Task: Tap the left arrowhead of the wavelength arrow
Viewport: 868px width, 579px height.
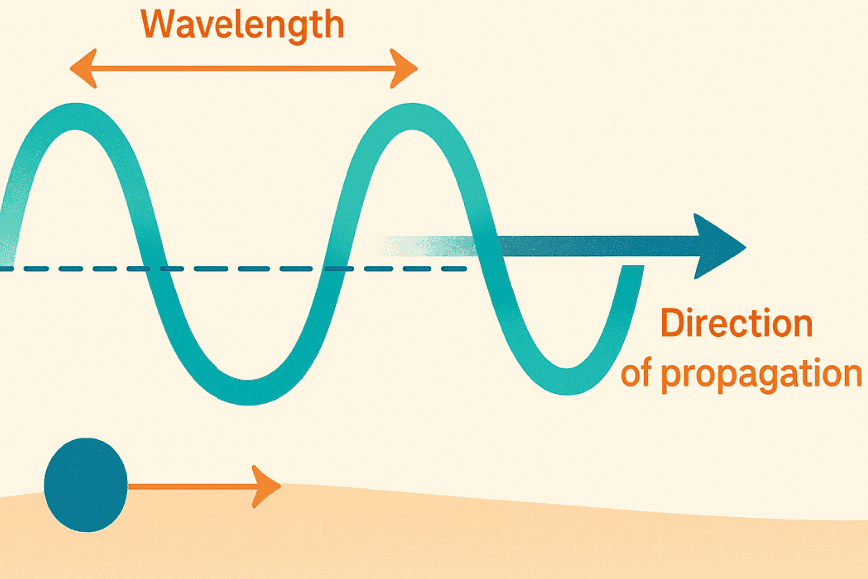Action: point(81,68)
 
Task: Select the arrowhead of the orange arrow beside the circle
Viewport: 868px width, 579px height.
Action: point(266,486)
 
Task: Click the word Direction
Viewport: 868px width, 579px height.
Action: point(737,324)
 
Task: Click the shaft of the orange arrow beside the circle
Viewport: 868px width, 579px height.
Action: point(190,487)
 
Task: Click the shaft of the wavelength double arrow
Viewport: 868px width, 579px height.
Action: point(242,68)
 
